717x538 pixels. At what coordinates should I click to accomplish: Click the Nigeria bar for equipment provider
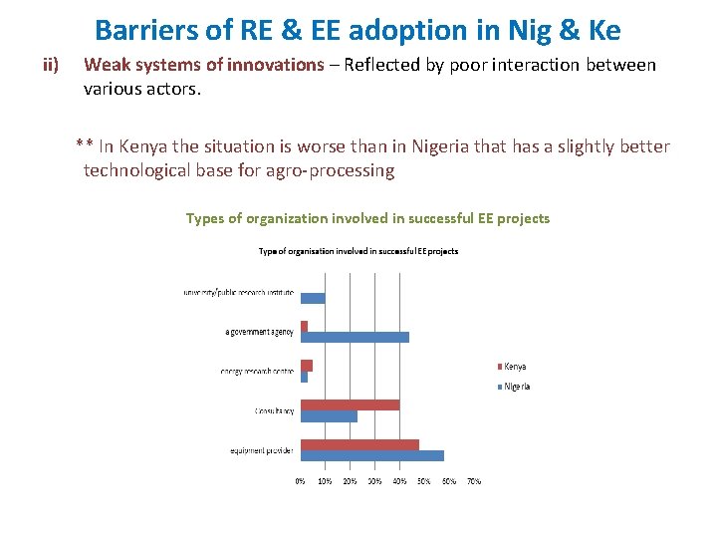(x=372, y=455)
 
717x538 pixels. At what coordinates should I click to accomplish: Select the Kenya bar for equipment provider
(x=359, y=444)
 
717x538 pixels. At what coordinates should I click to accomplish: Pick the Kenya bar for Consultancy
(x=350, y=404)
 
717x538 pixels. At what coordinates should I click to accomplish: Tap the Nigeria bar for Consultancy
(x=329, y=416)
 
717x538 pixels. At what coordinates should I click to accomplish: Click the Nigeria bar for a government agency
(x=355, y=337)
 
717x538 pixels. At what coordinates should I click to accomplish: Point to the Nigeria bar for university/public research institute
(x=313, y=298)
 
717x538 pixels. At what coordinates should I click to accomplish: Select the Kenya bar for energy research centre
(x=307, y=365)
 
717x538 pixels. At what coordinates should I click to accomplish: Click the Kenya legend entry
(x=514, y=367)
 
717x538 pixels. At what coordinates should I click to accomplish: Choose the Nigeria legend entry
(x=516, y=386)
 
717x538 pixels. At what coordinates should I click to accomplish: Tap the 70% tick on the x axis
(x=474, y=481)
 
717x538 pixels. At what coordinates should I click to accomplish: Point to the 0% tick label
(x=300, y=481)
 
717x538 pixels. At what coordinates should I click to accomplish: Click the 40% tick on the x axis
(x=399, y=481)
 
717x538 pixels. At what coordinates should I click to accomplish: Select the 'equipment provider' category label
(x=262, y=450)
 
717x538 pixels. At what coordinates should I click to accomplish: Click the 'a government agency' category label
(x=259, y=332)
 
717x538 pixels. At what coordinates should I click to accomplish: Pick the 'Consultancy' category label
(x=274, y=410)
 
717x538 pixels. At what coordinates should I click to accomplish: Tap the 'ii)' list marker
(x=51, y=66)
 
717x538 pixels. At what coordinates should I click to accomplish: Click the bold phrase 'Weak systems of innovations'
(x=204, y=66)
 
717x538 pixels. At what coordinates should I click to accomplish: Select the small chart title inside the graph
(x=358, y=251)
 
